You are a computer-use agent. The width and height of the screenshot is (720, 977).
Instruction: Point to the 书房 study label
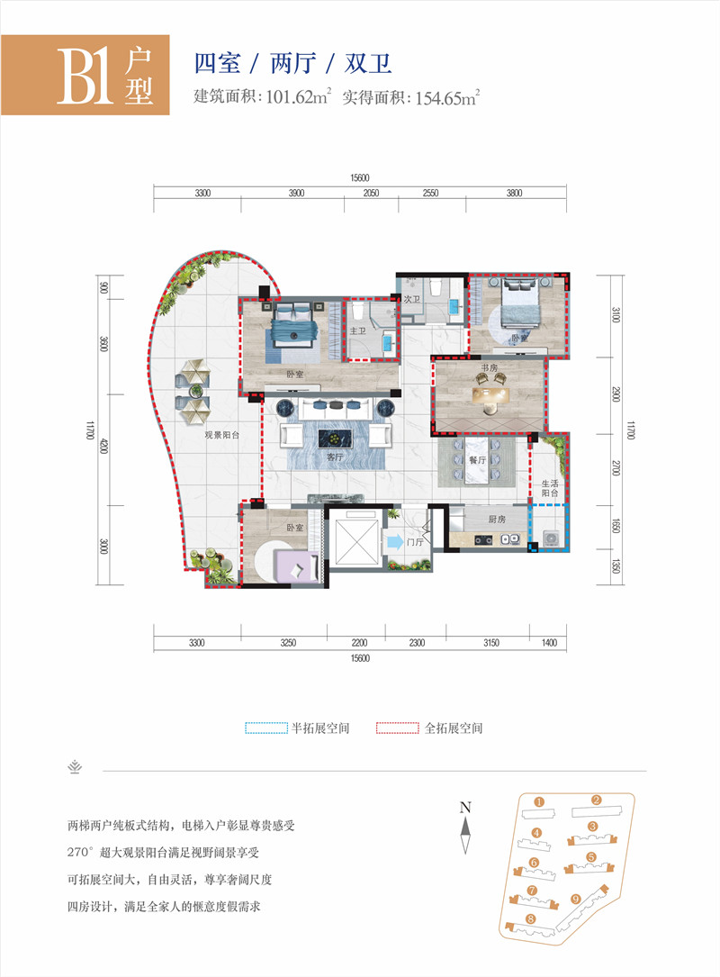[x=489, y=367]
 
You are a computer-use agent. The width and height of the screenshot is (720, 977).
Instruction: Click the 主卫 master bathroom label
[x=357, y=331]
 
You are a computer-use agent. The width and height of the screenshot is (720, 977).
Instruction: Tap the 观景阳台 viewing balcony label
[x=220, y=435]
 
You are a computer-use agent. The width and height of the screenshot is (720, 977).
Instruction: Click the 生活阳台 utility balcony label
[x=550, y=488]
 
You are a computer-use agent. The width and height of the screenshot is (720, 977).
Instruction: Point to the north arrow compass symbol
[x=465, y=833]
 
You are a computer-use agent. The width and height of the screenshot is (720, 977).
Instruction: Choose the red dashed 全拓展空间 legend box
[x=398, y=728]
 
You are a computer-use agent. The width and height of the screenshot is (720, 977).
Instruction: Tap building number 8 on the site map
[x=530, y=918]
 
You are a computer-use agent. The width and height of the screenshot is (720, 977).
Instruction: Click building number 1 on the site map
[x=537, y=801]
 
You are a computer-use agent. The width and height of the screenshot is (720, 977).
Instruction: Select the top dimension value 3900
[x=297, y=194]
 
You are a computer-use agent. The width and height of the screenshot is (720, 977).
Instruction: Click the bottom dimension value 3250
[x=289, y=642]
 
